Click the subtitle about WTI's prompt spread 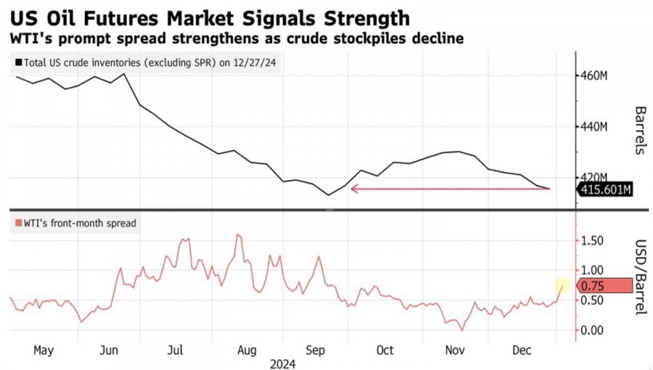(235, 38)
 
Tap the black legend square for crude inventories (17, 63)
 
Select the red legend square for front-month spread (17, 223)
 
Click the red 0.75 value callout (604, 287)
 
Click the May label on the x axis (44, 350)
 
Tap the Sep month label (315, 350)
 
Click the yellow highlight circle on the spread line (563, 287)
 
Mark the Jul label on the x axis (176, 350)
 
